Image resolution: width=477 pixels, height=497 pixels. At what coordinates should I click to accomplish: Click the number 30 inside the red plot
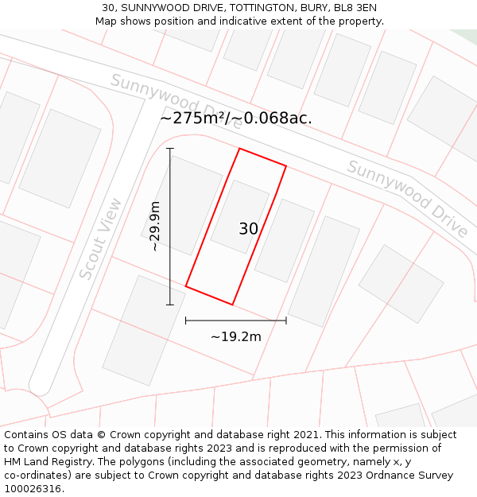click(x=248, y=229)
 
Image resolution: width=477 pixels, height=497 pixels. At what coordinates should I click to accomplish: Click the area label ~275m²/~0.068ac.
click(x=235, y=118)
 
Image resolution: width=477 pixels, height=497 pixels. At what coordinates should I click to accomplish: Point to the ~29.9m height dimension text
click(x=155, y=227)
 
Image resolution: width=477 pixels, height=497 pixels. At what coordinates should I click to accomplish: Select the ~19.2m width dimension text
click(x=235, y=336)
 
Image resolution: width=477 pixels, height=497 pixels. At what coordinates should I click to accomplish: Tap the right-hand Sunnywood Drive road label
click(x=407, y=198)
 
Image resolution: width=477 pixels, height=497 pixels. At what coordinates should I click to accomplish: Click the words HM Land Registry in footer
click(x=45, y=462)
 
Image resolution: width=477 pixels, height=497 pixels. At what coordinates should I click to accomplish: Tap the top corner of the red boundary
click(x=239, y=149)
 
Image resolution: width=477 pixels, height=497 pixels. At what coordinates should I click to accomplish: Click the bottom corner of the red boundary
click(x=232, y=305)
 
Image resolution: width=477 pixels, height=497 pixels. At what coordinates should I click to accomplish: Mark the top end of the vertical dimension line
click(x=169, y=149)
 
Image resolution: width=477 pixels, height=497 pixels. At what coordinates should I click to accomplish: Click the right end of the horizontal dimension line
click(x=286, y=320)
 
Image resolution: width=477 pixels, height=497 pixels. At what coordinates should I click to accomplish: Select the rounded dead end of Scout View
click(x=40, y=386)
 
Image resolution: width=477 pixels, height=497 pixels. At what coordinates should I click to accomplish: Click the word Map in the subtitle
click(x=107, y=21)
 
